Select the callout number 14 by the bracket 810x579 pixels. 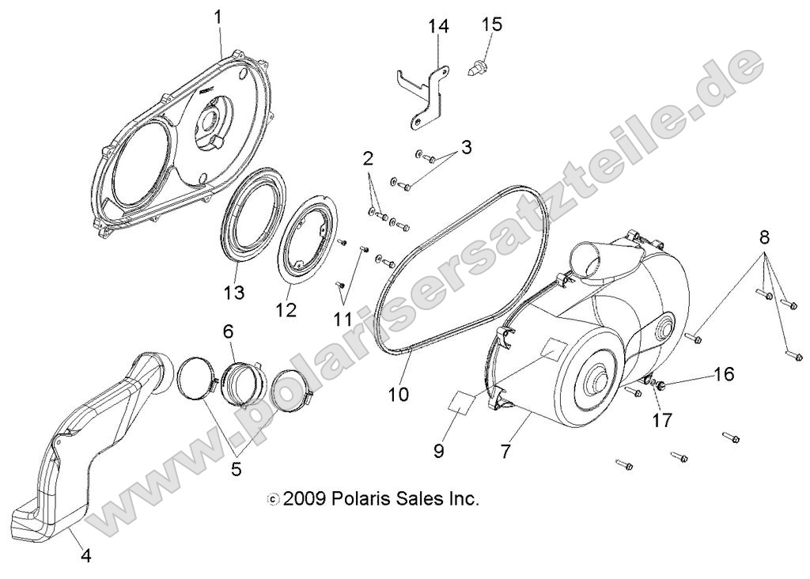[439, 27]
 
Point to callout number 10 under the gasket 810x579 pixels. [399, 393]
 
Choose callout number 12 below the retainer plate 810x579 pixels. [286, 309]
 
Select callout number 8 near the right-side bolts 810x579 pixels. [764, 237]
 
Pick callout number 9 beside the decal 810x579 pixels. [439, 451]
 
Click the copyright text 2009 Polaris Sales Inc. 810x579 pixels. [373, 499]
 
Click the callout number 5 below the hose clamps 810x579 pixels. [236, 468]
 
